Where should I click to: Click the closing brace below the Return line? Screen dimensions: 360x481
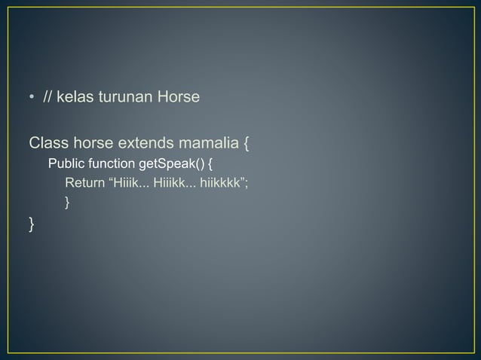tap(68, 201)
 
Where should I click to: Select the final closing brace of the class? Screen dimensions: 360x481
tap(32, 223)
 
